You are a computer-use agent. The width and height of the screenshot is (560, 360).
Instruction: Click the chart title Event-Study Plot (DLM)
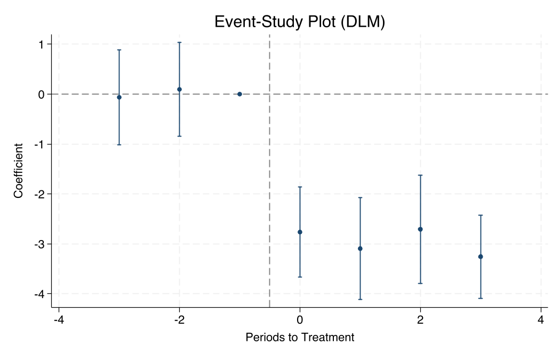tap(299, 21)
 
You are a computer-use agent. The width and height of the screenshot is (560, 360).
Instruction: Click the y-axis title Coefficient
tap(19, 171)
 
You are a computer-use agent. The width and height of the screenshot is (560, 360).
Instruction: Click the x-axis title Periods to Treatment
tap(300, 337)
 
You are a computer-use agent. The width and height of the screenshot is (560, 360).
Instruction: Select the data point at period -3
tap(119, 97)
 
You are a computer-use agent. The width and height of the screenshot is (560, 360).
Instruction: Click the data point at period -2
tap(179, 89)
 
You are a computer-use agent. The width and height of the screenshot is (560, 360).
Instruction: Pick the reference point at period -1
tap(239, 94)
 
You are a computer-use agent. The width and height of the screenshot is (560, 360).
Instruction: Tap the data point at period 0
tap(300, 232)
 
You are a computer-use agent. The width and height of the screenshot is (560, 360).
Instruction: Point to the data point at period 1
tap(360, 249)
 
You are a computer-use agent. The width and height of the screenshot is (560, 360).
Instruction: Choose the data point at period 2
tap(420, 229)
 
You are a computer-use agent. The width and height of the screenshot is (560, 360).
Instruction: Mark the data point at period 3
tap(481, 257)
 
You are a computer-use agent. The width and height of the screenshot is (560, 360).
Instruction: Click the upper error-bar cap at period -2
tap(179, 42)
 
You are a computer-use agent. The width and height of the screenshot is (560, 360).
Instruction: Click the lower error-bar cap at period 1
tap(360, 299)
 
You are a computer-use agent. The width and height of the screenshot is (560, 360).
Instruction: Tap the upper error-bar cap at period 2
tap(420, 175)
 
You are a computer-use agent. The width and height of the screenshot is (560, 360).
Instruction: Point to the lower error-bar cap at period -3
tap(119, 145)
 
